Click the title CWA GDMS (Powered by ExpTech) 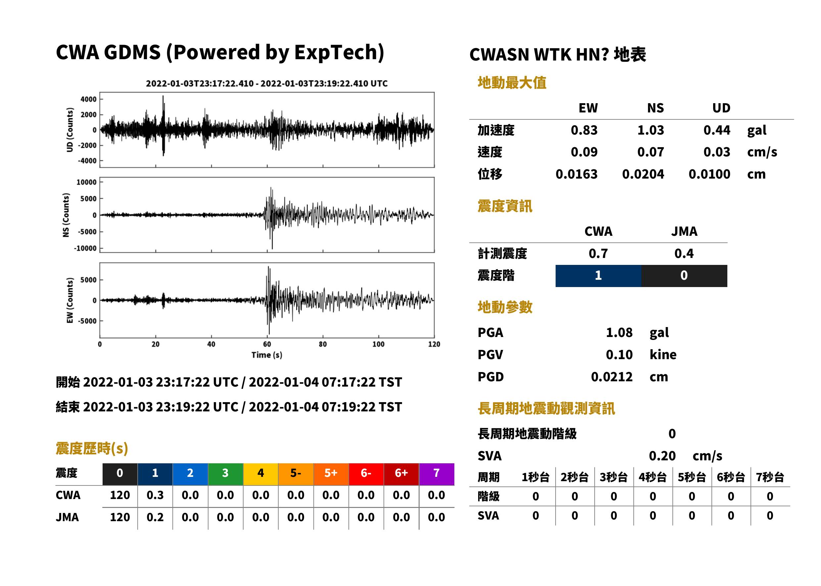pyautogui.click(x=220, y=53)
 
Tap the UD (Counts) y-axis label pyautogui.click(x=70, y=130)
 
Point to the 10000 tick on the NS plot pyautogui.click(x=86, y=182)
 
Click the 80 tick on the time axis pyautogui.click(x=322, y=344)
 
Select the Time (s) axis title pyautogui.click(x=267, y=355)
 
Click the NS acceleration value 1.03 pyautogui.click(x=650, y=130)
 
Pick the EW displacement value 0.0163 pyautogui.click(x=576, y=174)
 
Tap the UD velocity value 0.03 pyautogui.click(x=717, y=152)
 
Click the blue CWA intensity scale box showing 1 pyautogui.click(x=598, y=276)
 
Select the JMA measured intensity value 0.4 pyautogui.click(x=684, y=254)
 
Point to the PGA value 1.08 pyautogui.click(x=619, y=333)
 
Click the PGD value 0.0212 pyautogui.click(x=612, y=377)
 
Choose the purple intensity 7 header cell pyautogui.click(x=436, y=474)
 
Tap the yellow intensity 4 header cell pyautogui.click(x=261, y=474)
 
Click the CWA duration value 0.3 pyautogui.click(x=155, y=495)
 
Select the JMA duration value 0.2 pyautogui.click(x=155, y=518)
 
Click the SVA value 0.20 pyautogui.click(x=662, y=456)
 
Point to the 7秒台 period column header pyautogui.click(x=770, y=478)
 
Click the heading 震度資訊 pyautogui.click(x=505, y=206)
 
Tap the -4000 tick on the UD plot pyautogui.click(x=87, y=161)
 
